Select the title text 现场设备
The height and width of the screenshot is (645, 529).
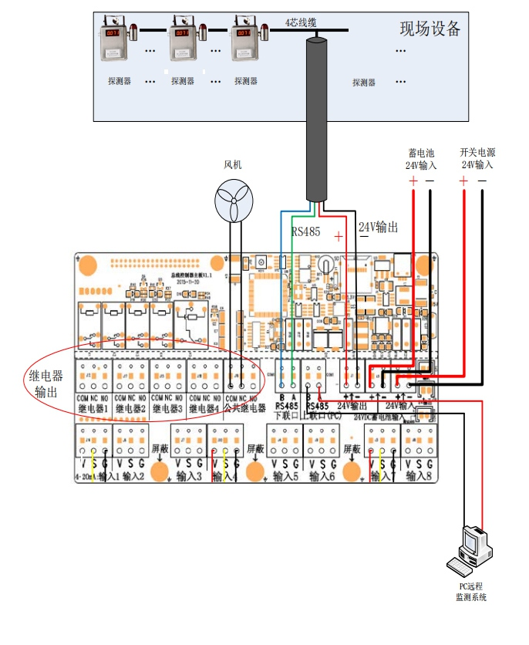point(430,29)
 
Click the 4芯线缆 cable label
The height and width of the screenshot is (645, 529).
point(300,22)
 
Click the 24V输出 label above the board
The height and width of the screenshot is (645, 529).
point(379,228)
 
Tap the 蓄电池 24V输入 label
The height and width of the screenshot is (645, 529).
point(421,159)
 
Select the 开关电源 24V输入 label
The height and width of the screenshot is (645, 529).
point(476,159)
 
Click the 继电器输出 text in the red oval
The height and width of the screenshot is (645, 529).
point(46,384)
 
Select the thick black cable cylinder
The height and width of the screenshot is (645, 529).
point(315,116)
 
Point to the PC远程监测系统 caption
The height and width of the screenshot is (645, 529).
point(470,592)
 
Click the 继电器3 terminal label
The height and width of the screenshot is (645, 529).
point(168,407)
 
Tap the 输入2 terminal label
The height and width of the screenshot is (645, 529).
point(133,477)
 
